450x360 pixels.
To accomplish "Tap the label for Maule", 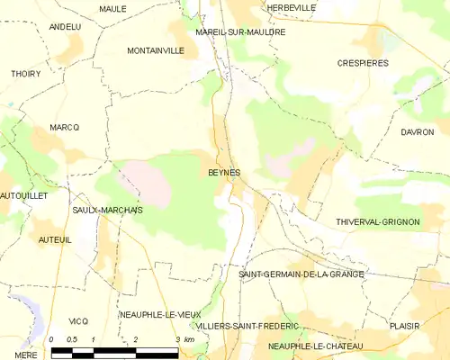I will (112, 8).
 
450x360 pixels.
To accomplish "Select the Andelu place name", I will (65, 27).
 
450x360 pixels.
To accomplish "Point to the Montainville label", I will (156, 50).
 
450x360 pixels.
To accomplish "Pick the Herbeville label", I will (292, 7).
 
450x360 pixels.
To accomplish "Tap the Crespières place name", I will (364, 64).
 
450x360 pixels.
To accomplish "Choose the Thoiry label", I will (26, 74).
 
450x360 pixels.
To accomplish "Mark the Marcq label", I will (65, 128).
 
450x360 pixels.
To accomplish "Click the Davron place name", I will (418, 132).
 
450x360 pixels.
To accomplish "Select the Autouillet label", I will (23, 194).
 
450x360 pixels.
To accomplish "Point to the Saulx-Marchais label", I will (107, 210).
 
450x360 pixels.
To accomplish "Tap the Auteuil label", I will (54, 240).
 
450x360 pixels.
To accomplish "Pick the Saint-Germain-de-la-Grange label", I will (301, 274).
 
